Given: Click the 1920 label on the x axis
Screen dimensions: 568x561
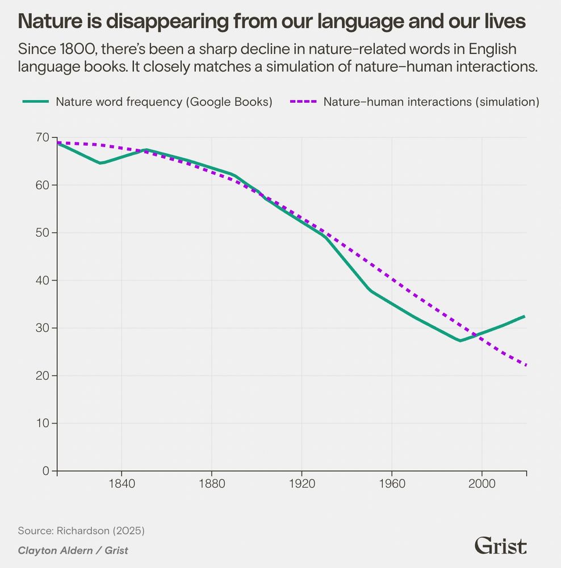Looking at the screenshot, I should [301, 486].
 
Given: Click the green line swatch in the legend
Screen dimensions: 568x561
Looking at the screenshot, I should [35, 102].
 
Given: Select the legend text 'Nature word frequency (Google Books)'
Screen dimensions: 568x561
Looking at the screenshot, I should [164, 102].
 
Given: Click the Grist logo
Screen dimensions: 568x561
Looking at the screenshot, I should [500, 546].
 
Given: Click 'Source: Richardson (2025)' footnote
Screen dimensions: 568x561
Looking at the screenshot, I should [82, 531].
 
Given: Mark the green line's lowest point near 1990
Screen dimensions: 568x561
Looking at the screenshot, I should [460, 341].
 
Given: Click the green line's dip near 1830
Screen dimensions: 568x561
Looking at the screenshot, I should [101, 163].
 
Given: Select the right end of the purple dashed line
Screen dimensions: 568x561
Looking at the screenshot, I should [526, 365].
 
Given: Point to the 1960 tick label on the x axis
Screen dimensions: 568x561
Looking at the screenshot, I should [391, 486].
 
